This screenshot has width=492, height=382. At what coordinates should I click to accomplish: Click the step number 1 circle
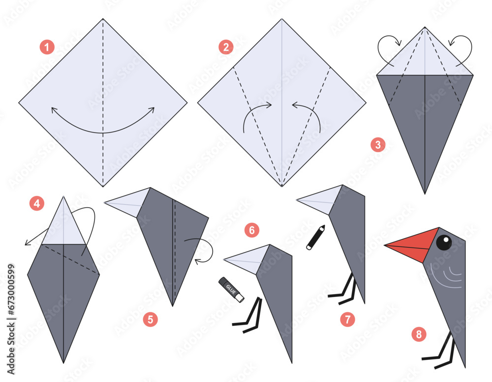pos(47,47)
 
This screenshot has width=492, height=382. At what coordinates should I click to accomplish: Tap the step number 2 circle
pos(226,47)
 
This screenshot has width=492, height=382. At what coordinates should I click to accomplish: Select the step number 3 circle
pos(378,145)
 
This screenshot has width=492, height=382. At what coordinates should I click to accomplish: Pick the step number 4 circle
pos(37,203)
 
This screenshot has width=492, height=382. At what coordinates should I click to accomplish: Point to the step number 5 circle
pos(151,319)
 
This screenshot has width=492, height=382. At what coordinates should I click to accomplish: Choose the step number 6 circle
pos(252,229)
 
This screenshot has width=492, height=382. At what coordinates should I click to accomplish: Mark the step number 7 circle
pos(347,319)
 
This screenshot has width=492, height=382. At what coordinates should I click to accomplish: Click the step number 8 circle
pos(419,335)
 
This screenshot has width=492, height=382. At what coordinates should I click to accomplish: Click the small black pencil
pos(315,237)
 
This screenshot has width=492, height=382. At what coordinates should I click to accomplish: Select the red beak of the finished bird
pos(415,244)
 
